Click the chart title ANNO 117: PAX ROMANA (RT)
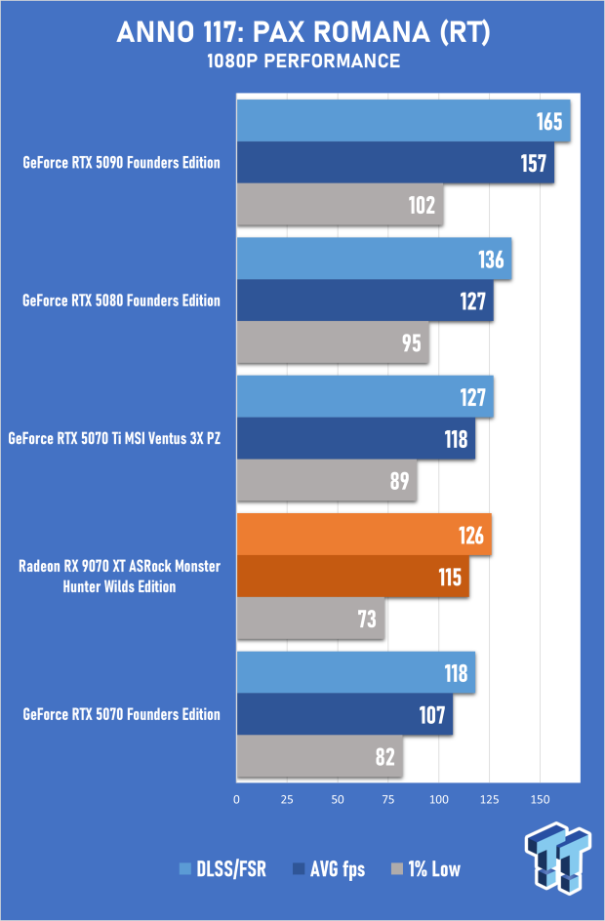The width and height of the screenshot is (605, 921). pos(302,34)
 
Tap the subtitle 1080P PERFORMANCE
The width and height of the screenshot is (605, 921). pos(302,61)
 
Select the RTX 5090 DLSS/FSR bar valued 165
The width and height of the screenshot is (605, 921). pos(403,122)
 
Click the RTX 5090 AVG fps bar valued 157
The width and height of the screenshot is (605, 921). pos(395,163)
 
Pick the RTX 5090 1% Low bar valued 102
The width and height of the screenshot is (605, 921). pos(340,205)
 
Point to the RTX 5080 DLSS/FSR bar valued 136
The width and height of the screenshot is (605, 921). pos(374,260)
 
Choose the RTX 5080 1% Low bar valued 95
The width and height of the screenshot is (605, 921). pos(333,342)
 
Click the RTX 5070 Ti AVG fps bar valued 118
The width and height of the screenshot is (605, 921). pos(356,438)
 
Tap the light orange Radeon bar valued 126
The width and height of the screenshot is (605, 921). pos(364,535)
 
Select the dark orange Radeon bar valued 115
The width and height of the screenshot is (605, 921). pos(353,576)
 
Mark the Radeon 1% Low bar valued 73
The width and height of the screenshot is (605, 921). pos(310,618)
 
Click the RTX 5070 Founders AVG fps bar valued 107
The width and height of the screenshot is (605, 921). pos(344,714)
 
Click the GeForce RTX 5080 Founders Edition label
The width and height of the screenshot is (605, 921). pos(121,301)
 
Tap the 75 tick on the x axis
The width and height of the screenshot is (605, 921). pos(388,799)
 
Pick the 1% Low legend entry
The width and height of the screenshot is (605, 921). pos(425,869)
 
